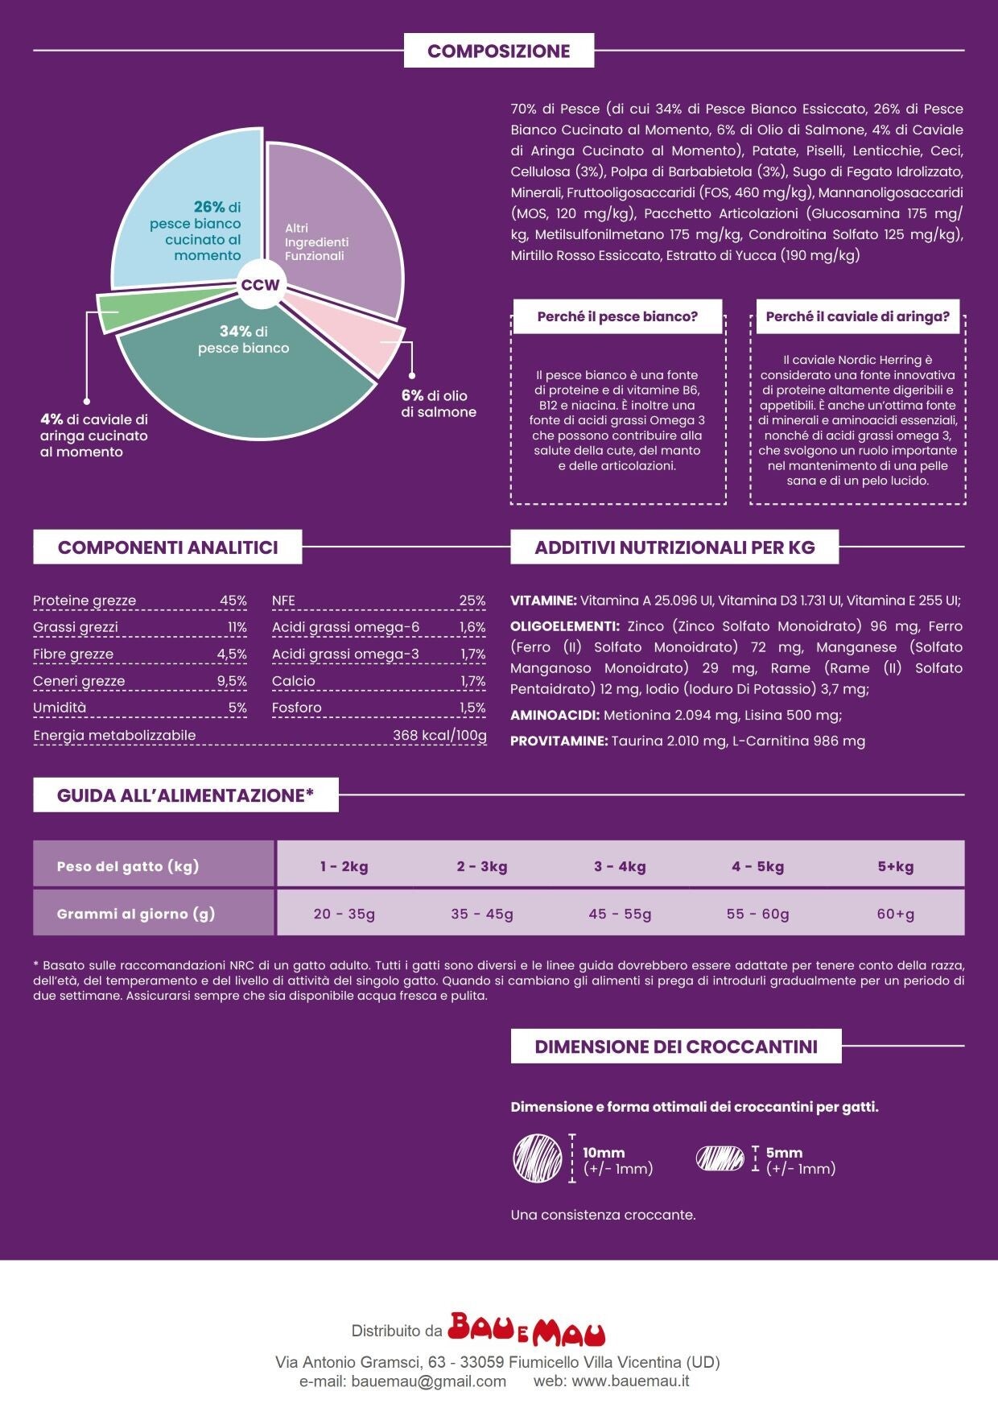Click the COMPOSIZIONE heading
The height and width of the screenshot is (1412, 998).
(x=499, y=51)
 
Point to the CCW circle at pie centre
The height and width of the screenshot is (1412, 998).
(x=261, y=285)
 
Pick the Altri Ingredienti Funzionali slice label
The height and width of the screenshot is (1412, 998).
(x=316, y=242)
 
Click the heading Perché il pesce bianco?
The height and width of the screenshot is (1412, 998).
(x=617, y=316)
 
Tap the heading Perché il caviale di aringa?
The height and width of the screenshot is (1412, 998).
(x=857, y=316)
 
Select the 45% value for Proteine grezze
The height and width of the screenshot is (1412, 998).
(x=233, y=601)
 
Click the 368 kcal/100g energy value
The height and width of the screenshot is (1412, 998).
(x=439, y=735)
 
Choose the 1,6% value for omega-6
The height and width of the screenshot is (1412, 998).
(x=472, y=627)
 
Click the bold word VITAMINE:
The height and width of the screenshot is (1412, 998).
(x=543, y=601)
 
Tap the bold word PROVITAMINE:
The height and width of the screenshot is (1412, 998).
(x=559, y=741)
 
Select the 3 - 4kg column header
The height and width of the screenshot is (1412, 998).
(x=620, y=866)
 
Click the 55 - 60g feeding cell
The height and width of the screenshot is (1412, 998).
(x=757, y=914)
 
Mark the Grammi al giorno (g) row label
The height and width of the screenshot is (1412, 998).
(x=136, y=914)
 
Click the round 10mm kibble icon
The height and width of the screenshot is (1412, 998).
(x=538, y=1158)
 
